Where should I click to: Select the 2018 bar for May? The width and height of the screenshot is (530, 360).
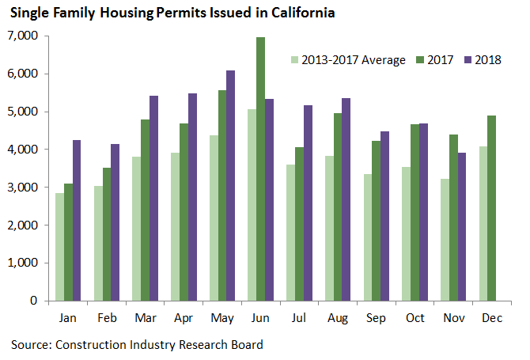(x=230, y=185)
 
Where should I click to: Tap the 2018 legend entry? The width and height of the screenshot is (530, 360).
(x=487, y=59)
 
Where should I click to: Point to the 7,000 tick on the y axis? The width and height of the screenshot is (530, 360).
(x=23, y=36)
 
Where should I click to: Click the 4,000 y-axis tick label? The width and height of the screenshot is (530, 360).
(x=23, y=150)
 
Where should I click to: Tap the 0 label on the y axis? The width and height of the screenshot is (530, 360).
(x=34, y=301)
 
